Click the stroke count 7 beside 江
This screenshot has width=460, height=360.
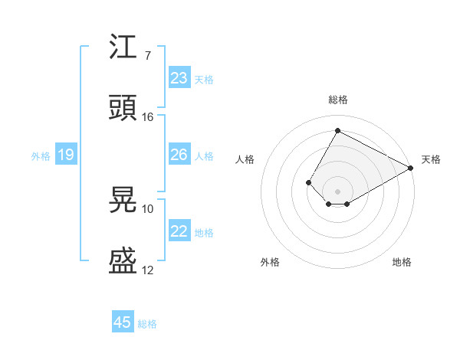pyautogui.click(x=147, y=56)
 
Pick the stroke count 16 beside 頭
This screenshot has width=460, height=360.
pyautogui.click(x=148, y=117)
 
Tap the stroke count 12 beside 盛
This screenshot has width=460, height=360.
pyautogui.click(x=148, y=270)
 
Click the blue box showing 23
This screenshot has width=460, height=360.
pyautogui.click(x=179, y=78)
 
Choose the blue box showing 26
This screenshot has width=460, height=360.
pyautogui.click(x=179, y=155)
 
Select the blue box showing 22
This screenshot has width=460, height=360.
pyautogui.click(x=179, y=231)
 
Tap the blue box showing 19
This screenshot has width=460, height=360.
pyautogui.click(x=66, y=155)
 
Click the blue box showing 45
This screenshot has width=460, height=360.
pyautogui.click(x=123, y=322)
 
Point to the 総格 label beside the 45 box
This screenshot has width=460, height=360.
pyautogui.click(x=147, y=324)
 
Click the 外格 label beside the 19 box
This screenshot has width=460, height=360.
pyautogui.click(x=41, y=156)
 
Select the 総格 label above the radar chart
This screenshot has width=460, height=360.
pyautogui.click(x=337, y=100)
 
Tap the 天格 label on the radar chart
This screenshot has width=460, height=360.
pyautogui.click(x=431, y=159)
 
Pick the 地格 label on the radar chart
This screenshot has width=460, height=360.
pyautogui.click(x=402, y=263)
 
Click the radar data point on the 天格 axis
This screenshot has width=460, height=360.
pyautogui.click(x=411, y=168)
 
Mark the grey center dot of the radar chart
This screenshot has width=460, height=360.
pyautogui.click(x=337, y=191)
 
